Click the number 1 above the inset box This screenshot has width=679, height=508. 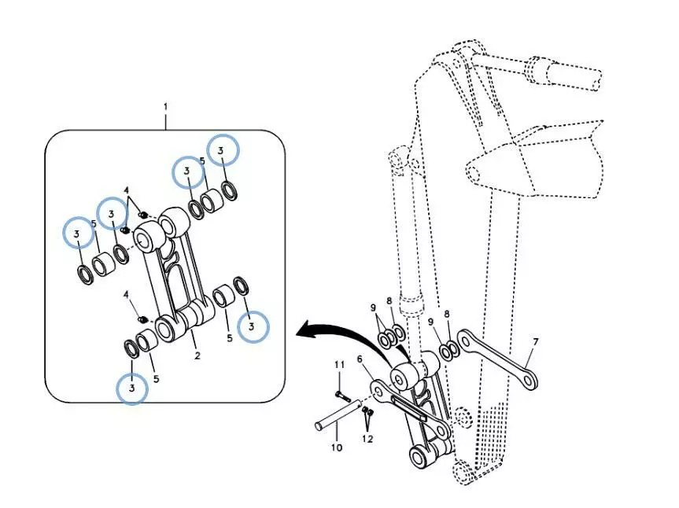click(165, 106)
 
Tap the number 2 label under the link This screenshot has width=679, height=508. click(197, 355)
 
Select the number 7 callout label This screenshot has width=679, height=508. click(536, 342)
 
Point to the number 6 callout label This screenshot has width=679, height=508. click(360, 359)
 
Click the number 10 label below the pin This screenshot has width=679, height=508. click(336, 448)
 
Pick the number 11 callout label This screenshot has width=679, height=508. click(339, 365)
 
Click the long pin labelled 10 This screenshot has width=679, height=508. click(338, 415)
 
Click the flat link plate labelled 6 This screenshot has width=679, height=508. click(409, 405)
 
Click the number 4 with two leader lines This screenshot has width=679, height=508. click(126, 190)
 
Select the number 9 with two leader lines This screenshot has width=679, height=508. click(374, 307)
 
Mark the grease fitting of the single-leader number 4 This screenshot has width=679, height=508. click(142, 318)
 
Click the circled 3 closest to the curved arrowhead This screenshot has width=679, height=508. click(253, 326)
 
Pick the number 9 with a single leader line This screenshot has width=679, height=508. click(431, 322)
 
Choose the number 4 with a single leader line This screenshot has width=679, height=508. click(126, 294)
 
